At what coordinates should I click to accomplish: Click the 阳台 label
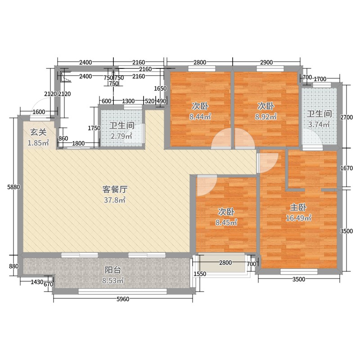pyautogui.click(x=112, y=270)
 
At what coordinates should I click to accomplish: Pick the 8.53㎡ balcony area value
pyautogui.click(x=112, y=280)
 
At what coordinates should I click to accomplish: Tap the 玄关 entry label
pyautogui.click(x=37, y=132)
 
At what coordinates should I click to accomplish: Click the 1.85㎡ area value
pyautogui.click(x=38, y=143)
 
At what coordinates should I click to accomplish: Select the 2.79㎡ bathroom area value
pyautogui.click(x=121, y=136)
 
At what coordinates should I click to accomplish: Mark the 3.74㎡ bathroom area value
pyautogui.click(x=320, y=125)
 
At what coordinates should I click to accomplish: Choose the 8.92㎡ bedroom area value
pyautogui.click(x=266, y=117)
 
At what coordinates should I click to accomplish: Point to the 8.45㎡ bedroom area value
pyautogui.click(x=225, y=222)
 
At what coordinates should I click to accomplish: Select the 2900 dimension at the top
pyautogui.click(x=266, y=62)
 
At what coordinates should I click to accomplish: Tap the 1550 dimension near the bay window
pyautogui.click(x=200, y=274)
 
